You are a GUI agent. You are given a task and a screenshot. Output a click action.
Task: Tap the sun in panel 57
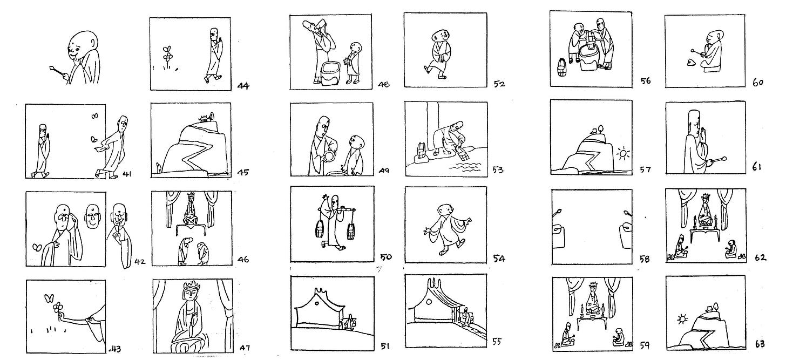[624, 154]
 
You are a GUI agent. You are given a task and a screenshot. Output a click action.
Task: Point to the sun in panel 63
[682, 319]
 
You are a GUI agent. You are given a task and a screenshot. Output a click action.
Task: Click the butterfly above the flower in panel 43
[49, 297]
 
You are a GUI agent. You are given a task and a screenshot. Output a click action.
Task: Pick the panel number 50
[387, 257]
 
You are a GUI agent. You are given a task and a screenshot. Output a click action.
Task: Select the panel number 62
[760, 257]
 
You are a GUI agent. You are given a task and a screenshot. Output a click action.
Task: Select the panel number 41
[128, 173]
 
